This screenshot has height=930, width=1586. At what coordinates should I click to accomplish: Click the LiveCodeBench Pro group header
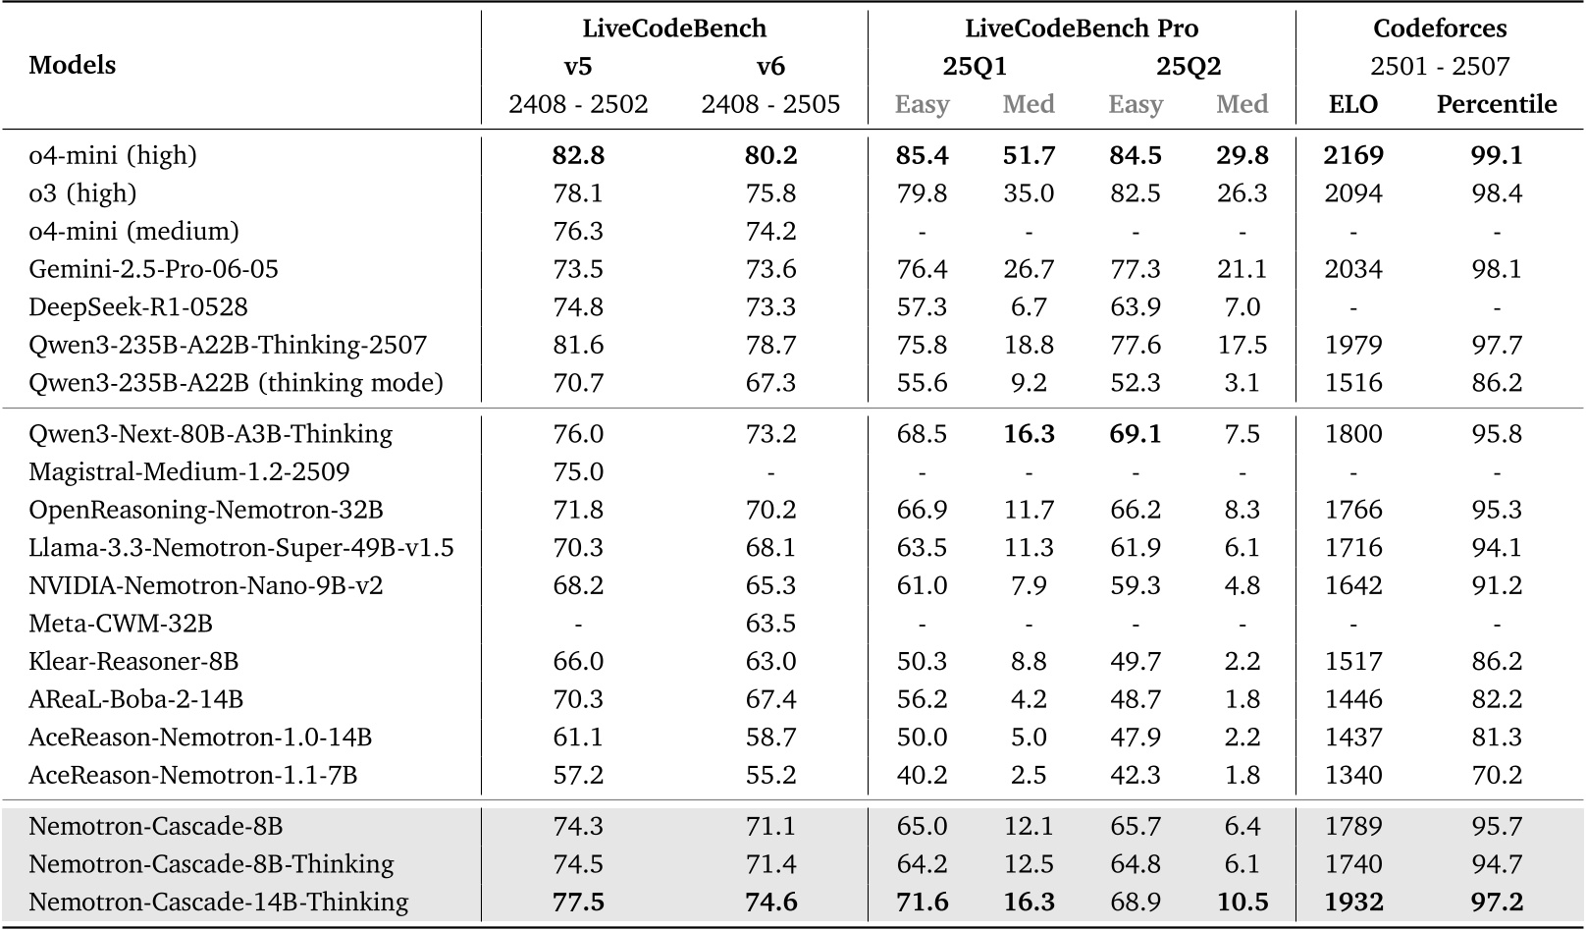click(x=1082, y=28)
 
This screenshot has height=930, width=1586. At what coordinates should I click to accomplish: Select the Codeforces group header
click(x=1440, y=28)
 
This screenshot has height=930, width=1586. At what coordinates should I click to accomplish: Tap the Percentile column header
click(x=1496, y=104)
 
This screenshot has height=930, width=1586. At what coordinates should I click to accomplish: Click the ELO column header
click(x=1353, y=104)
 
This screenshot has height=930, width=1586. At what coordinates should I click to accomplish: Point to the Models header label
click(x=73, y=66)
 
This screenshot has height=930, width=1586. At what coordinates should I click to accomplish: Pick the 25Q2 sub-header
click(x=1188, y=66)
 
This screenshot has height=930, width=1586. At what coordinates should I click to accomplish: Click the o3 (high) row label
click(x=82, y=193)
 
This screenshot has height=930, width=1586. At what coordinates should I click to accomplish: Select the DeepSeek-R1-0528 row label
click(x=138, y=307)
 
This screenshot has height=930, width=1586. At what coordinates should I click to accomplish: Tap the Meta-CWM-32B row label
click(x=121, y=624)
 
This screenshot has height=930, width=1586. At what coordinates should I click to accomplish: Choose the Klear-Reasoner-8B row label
click(x=133, y=661)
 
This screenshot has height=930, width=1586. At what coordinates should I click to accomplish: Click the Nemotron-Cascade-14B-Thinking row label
click(x=218, y=902)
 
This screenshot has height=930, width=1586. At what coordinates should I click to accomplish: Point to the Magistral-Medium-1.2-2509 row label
click(x=189, y=471)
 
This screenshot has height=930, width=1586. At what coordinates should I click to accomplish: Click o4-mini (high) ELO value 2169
click(x=1353, y=155)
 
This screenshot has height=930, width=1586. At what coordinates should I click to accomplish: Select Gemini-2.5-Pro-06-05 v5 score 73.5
click(x=578, y=269)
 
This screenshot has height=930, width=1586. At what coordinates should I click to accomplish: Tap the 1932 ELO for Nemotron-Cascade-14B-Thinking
click(x=1353, y=902)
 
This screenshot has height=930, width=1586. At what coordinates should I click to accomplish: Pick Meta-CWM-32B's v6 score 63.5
click(x=770, y=624)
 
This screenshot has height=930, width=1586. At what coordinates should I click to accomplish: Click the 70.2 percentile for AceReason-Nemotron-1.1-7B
click(x=1496, y=775)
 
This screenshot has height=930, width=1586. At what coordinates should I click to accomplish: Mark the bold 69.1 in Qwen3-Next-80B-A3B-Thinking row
click(x=1136, y=434)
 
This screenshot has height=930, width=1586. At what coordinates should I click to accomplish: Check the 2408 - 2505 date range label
click(x=770, y=104)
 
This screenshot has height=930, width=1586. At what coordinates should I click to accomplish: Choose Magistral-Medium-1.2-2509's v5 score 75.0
click(x=578, y=471)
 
